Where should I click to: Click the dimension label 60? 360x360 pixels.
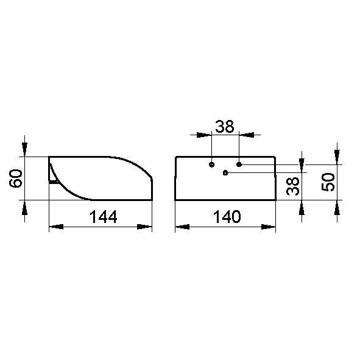pyautogui.click(x=16, y=178)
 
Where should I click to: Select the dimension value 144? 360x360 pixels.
pyautogui.click(x=103, y=217)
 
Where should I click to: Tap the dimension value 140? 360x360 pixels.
pyautogui.click(x=227, y=217)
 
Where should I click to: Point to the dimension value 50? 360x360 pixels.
pyautogui.click(x=328, y=182)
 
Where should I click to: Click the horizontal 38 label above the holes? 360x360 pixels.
pyautogui.click(x=225, y=126)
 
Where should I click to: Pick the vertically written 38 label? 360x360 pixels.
pyautogui.click(x=293, y=186)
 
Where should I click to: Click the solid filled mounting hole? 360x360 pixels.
pyautogui.click(x=239, y=164)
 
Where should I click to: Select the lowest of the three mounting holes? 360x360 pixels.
pyautogui.click(x=225, y=172)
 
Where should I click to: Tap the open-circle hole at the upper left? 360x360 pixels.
pyautogui.click(x=212, y=164)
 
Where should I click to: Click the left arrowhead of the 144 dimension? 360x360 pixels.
pyautogui.click(x=56, y=227)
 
